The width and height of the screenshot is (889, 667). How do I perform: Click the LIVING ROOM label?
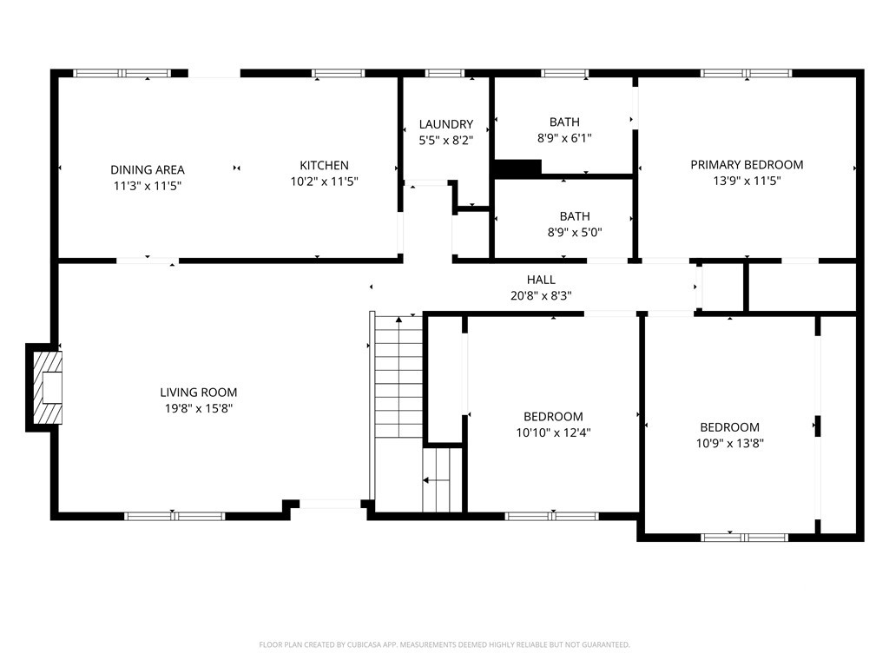(x=199, y=392)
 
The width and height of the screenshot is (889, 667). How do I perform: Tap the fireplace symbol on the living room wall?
(x=48, y=388)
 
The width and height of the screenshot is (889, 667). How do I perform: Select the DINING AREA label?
(x=148, y=169)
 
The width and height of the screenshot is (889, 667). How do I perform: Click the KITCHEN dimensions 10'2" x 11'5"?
(x=325, y=182)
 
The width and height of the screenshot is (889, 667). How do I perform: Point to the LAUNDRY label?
(x=446, y=124)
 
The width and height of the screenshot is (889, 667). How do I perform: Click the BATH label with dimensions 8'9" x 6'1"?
(x=564, y=122)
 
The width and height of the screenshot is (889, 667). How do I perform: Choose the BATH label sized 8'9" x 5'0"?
(x=575, y=216)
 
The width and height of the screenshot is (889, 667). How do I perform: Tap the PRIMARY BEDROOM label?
(x=747, y=164)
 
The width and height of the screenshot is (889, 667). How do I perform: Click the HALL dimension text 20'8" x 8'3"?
(x=541, y=295)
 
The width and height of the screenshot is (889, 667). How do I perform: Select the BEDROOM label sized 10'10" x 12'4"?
(x=553, y=416)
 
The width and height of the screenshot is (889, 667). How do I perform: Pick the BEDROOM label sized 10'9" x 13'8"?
(x=729, y=427)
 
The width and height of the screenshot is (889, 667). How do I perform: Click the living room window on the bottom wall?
(x=175, y=516)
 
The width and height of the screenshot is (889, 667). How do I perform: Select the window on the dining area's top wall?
(x=122, y=73)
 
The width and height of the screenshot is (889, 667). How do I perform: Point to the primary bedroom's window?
(x=746, y=73)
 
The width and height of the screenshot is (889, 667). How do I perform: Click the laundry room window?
(x=444, y=73)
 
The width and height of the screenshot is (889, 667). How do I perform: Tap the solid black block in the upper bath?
(x=517, y=168)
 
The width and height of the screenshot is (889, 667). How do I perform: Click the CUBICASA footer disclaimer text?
(x=444, y=645)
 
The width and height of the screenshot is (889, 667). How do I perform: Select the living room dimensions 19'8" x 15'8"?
(x=199, y=408)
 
